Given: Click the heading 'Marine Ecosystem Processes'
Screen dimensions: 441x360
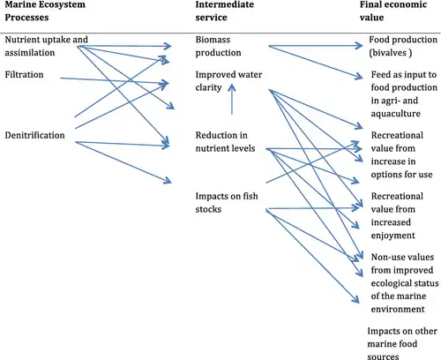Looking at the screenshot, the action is click(45, 11).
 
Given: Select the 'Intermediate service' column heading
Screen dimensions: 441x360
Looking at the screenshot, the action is click(225, 11).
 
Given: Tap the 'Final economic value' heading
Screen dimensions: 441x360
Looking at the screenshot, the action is click(393, 11).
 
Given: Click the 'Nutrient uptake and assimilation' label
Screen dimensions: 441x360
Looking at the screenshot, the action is click(46, 46).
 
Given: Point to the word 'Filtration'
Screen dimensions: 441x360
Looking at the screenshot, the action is click(24, 75).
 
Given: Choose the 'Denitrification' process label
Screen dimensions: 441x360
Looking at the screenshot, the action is click(34, 135).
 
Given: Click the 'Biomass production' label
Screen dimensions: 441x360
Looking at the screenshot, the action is click(218, 46).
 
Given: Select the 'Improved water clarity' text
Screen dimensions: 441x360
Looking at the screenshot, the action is click(228, 81).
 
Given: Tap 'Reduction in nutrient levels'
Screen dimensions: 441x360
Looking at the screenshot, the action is click(225, 142).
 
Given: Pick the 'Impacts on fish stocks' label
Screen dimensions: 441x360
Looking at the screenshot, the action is click(227, 203).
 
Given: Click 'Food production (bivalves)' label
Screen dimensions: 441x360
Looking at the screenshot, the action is click(403, 46).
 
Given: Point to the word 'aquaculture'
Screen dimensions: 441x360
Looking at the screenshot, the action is click(396, 114).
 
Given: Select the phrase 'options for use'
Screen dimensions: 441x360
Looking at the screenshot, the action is click(401, 175).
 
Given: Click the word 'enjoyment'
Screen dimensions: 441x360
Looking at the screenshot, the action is click(393, 236).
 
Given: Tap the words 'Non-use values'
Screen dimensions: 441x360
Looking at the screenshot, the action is click(402, 257).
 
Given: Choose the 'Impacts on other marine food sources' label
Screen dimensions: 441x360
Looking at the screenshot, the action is click(402, 344).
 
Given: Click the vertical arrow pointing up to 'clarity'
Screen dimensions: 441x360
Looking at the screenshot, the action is click(232, 99).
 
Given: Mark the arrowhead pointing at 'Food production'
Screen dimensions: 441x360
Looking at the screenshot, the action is click(359, 46).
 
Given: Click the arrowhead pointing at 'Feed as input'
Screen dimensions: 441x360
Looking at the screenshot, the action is click(359, 77).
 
